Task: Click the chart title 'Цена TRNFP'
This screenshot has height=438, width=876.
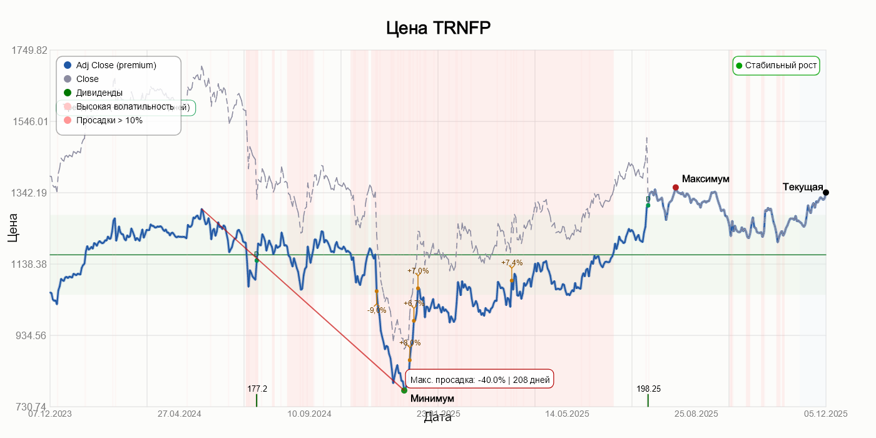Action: pos(437,28)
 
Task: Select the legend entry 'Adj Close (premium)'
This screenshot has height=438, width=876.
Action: pos(116,65)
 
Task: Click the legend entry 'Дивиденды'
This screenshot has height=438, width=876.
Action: pos(99,93)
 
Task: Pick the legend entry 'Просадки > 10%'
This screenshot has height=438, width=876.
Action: pos(109,120)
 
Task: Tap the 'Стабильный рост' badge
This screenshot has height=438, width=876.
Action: pos(776,65)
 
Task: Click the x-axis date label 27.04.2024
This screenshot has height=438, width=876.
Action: pos(179,414)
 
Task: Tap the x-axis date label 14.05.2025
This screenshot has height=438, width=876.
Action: pos(567,414)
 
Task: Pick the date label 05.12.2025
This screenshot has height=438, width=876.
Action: pos(825,414)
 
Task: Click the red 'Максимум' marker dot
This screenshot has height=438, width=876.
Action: pos(675,187)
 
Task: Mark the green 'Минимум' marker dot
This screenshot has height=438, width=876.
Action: pos(404,390)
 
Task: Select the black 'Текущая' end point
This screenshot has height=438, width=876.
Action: pos(826,192)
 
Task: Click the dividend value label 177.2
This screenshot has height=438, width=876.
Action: pos(257,389)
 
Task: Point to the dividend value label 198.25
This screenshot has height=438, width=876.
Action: pos(648,389)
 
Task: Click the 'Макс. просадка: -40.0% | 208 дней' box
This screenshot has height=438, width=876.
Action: pos(480,379)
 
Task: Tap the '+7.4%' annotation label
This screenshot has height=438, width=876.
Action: pos(512,263)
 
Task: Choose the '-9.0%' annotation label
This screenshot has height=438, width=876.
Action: pos(377,310)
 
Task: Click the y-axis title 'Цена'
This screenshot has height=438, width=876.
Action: pos(13,228)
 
